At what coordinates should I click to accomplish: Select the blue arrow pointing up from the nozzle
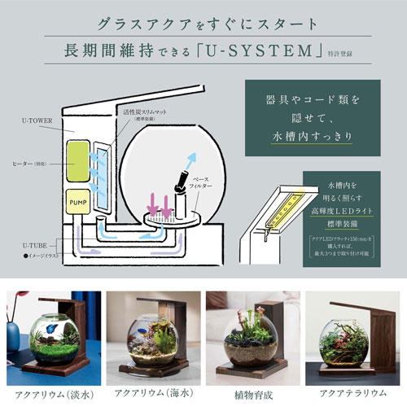(187, 160)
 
